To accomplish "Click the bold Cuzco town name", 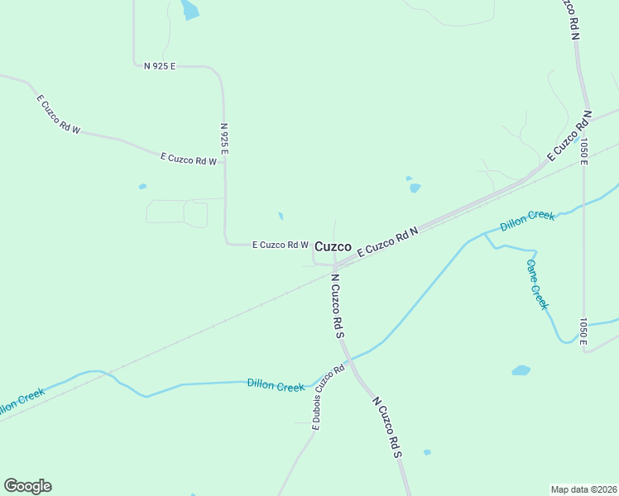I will pyautogui.click(x=333, y=246).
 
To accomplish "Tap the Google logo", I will pyautogui.click(x=27, y=486).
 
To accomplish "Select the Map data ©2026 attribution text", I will pyautogui.click(x=584, y=489).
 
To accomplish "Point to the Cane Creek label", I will pyautogui.click(x=537, y=284).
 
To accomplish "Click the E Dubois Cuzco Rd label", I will pyautogui.click(x=328, y=398).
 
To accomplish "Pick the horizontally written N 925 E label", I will pyautogui.click(x=160, y=65).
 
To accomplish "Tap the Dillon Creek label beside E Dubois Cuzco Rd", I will pyautogui.click(x=276, y=385).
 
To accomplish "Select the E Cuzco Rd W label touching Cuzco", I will pyautogui.click(x=280, y=245).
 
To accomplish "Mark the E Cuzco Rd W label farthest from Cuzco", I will pyautogui.click(x=58, y=114).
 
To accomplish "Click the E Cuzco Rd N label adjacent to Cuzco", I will pyautogui.click(x=388, y=243).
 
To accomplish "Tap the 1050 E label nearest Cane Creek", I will pyautogui.click(x=583, y=331).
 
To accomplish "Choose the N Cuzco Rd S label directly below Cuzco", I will pyautogui.click(x=338, y=306).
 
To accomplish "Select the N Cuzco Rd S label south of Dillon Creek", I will pyautogui.click(x=386, y=427).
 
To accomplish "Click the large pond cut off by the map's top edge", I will pyautogui.click(x=190, y=10).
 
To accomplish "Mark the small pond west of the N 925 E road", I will pyautogui.click(x=142, y=187).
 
